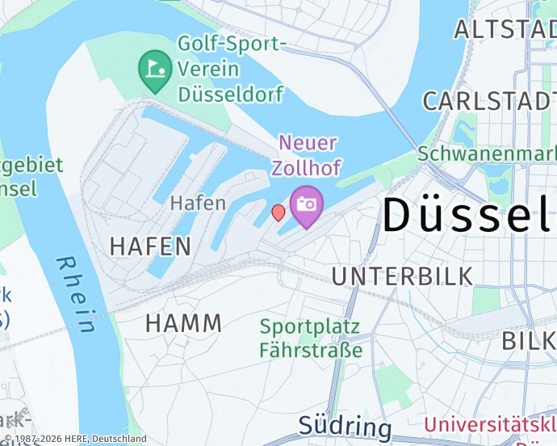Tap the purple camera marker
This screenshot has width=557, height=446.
[x=306, y=205]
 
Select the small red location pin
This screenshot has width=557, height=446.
[x=278, y=212]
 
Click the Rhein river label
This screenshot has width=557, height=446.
[x=77, y=295]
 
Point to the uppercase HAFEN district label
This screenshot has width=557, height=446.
[x=150, y=246]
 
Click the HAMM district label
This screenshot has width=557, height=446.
[x=183, y=323]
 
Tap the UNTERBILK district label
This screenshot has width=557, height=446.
[x=402, y=276]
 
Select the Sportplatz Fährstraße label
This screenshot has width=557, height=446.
[x=311, y=339]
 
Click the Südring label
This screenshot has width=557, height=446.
[x=345, y=427]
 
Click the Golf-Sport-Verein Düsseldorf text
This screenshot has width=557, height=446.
[x=231, y=69]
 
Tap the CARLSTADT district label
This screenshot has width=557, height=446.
[x=488, y=101]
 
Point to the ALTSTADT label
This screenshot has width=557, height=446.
[x=505, y=29]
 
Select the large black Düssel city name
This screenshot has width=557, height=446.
[x=468, y=215]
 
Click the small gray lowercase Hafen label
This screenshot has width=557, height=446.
[x=198, y=203]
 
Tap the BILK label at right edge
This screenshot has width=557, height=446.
[x=529, y=341]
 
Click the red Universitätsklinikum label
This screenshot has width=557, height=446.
[x=490, y=426]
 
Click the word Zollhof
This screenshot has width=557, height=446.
[x=306, y=168]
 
